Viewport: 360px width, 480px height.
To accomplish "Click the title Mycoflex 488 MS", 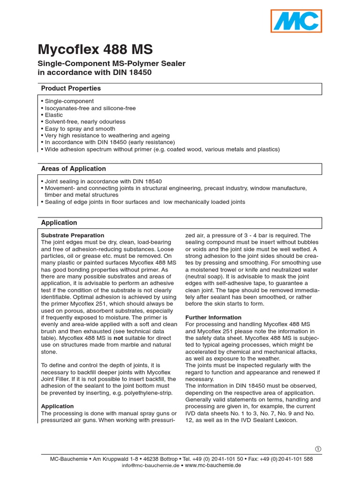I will pyautogui.click(x=95, y=50).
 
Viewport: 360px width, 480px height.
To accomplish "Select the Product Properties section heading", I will pyautogui.click(x=71, y=88).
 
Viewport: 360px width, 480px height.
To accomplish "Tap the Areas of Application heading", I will pyautogui.click(x=74, y=169).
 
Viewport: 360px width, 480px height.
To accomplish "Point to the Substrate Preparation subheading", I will pyautogui.click(x=73, y=235).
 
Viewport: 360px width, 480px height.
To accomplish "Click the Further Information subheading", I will pyautogui.click(x=213, y=317).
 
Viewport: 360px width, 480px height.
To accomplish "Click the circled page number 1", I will pyautogui.click(x=318, y=449).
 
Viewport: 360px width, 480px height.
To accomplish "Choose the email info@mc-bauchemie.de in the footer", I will pyautogui.click(x=150, y=465).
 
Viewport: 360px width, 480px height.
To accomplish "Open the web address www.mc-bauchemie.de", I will pyautogui.click(x=213, y=465).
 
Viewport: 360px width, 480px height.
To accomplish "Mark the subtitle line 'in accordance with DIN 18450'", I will pyautogui.click(x=95, y=73).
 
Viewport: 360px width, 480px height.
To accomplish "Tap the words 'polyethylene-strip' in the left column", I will pyautogui.click(x=148, y=393).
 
